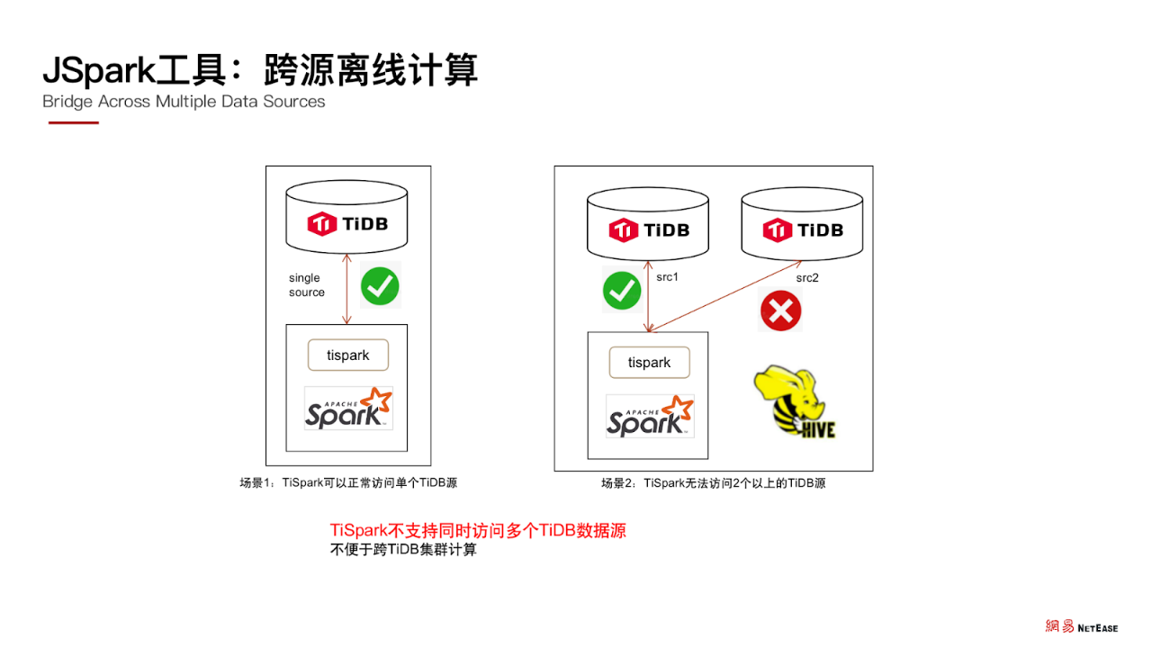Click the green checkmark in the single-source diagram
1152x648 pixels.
click(x=380, y=286)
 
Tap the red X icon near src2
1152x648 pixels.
click(x=780, y=311)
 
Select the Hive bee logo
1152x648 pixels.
click(x=794, y=402)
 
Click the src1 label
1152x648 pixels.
click(x=667, y=277)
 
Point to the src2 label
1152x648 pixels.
click(x=807, y=278)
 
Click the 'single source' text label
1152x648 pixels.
click(x=307, y=285)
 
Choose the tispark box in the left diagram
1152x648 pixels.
click(x=348, y=355)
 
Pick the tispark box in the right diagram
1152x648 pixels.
click(x=650, y=363)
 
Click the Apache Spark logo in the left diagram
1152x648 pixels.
click(x=348, y=409)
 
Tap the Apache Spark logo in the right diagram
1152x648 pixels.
click(x=650, y=417)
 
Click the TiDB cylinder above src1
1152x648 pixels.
click(x=648, y=227)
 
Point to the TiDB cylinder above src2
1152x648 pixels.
click(x=802, y=227)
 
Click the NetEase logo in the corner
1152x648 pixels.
click(x=1081, y=626)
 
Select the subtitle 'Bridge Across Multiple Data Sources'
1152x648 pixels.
click(x=184, y=102)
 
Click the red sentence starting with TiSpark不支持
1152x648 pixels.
click(x=478, y=530)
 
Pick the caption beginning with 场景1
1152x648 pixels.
click(x=348, y=483)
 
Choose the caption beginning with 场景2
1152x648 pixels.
click(x=713, y=483)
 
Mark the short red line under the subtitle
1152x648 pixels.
click(x=73, y=122)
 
